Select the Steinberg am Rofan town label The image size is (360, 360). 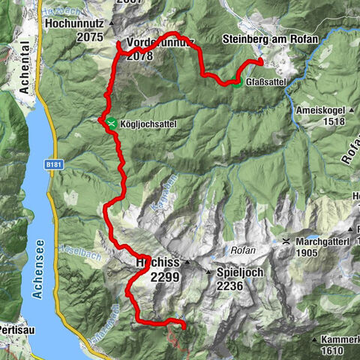(270, 39)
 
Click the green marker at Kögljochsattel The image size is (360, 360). (111, 122)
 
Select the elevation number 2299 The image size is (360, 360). (165, 277)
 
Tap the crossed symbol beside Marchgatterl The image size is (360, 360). (286, 241)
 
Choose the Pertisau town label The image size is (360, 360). (14, 329)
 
